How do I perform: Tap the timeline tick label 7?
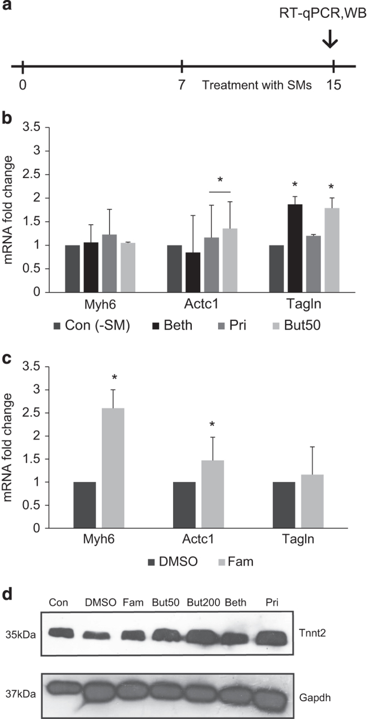point(181,85)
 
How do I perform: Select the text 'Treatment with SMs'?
point(257,85)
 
